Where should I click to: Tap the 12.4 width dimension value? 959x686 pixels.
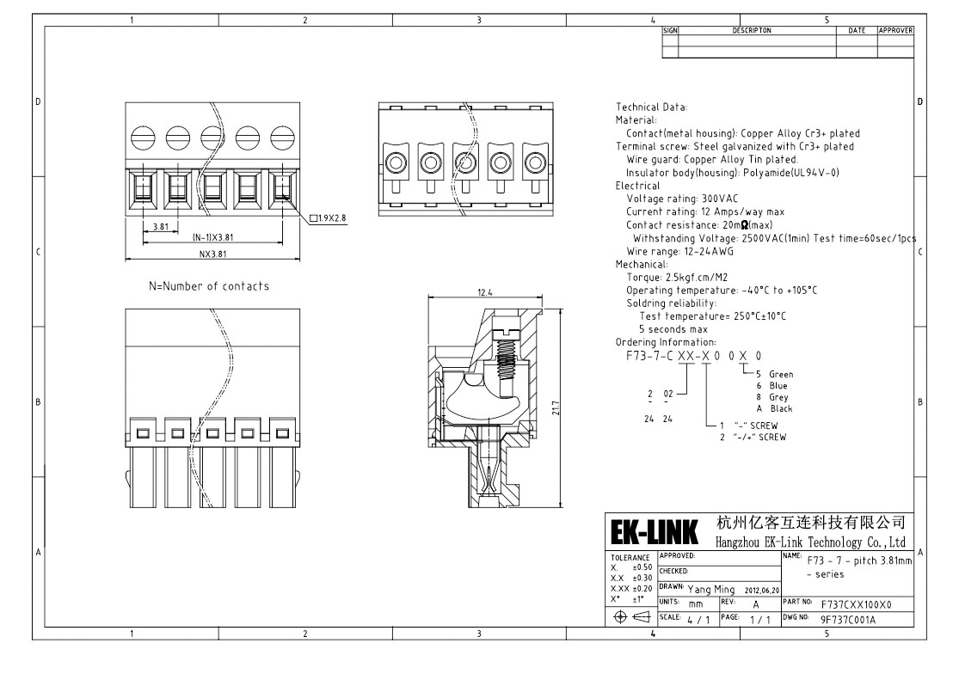(487, 293)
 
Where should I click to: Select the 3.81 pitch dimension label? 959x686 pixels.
(160, 227)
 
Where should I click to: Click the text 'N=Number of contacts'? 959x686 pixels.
(209, 286)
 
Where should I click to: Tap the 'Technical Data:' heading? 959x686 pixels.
(651, 107)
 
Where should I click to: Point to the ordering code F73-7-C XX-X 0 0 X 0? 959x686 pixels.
(692, 356)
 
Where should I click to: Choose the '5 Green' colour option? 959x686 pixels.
(774, 375)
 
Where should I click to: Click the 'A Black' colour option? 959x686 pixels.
(774, 409)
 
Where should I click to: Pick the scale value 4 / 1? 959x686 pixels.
(698, 619)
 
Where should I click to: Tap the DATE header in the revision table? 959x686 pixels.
(857, 31)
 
